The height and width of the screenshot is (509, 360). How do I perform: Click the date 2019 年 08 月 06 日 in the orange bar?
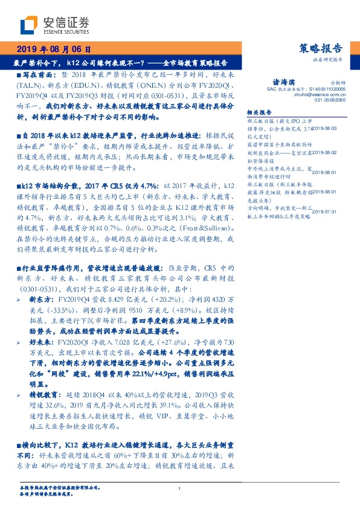pos(54,50)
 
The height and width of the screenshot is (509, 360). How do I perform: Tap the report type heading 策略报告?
pos(321,49)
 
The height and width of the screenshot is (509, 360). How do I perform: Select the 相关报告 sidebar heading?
pos(261,112)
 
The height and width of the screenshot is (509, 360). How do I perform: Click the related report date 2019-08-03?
pos(330,129)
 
